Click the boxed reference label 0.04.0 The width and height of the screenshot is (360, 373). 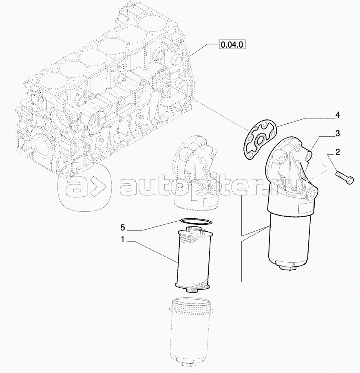(232, 44)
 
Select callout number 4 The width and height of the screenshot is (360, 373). (338, 115)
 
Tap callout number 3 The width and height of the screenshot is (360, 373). (338, 134)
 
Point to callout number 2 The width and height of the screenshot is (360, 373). (338, 152)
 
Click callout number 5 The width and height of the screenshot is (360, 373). (123, 228)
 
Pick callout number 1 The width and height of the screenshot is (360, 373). (123, 239)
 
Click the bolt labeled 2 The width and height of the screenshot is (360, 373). (345, 178)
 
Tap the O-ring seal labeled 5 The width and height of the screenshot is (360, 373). (196, 221)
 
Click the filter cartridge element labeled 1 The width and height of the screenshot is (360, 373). (193, 259)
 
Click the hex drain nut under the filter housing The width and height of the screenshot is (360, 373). (289, 268)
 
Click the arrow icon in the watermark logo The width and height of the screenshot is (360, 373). (97, 186)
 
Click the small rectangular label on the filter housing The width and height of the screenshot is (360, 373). (304, 209)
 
